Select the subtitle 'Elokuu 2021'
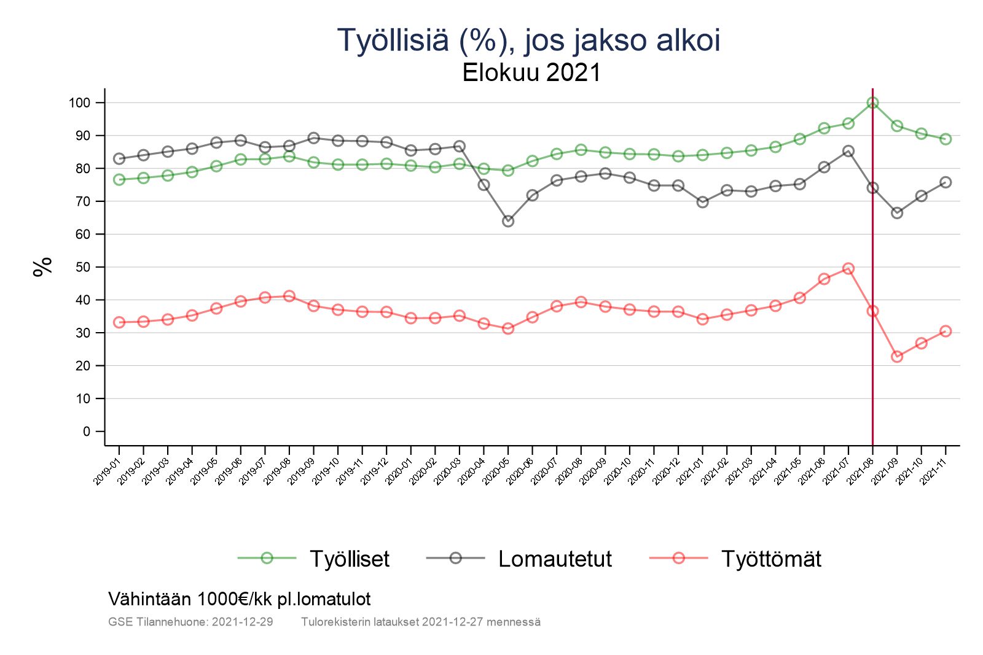click(531, 73)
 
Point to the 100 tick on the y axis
click(79, 103)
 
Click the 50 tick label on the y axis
click(82, 267)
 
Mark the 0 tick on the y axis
click(86, 432)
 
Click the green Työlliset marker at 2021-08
click(872, 103)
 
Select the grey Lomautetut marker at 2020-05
click(508, 221)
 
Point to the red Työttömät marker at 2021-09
click(897, 357)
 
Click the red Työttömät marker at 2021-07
click(848, 269)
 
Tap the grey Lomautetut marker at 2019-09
click(313, 138)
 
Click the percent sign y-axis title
click(43, 267)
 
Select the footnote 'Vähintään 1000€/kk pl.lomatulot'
click(240, 599)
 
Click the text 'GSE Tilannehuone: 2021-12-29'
click(190, 622)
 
